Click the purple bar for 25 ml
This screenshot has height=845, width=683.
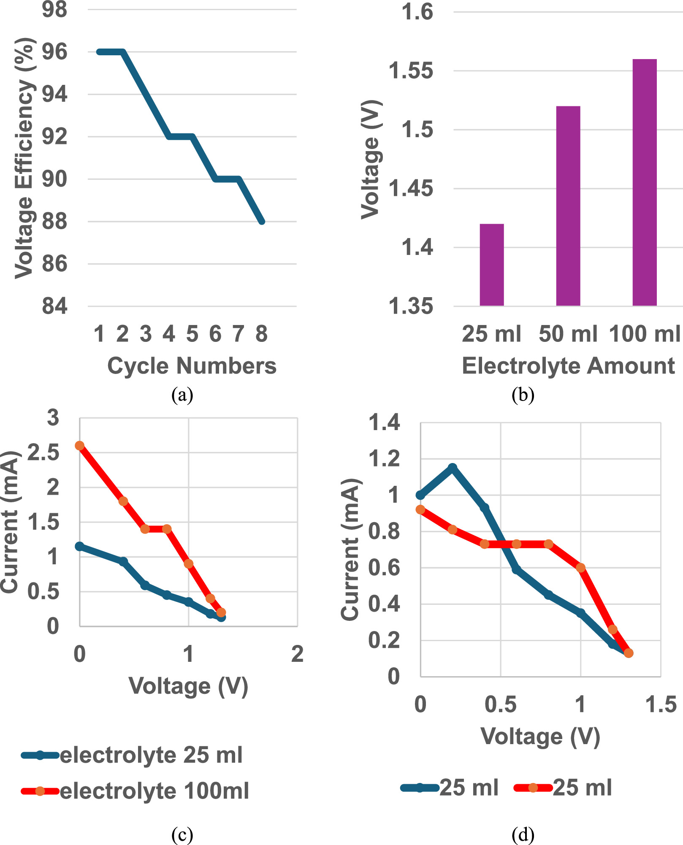[492, 265]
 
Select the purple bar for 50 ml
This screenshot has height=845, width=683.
[568, 206]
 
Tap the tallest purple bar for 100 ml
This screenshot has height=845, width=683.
[645, 182]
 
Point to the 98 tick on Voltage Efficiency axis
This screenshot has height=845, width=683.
[54, 9]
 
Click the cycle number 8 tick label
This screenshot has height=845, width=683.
[261, 334]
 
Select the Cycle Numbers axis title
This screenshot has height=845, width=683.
[192, 366]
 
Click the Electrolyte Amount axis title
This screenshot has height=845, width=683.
[568, 366]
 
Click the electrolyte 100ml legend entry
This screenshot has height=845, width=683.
[135, 791]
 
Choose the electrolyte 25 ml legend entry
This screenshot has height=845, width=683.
[132, 755]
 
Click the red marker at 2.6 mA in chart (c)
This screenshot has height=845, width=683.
[79, 446]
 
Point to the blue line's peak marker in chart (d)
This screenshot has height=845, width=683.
[453, 468]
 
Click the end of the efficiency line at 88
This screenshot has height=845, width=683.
[262, 221]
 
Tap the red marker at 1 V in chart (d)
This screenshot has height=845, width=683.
[581, 568]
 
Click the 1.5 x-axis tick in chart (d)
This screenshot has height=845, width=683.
[661, 704]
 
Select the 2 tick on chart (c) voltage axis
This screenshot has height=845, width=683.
[297, 655]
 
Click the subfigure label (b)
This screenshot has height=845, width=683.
[523, 395]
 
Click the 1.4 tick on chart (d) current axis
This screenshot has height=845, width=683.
[384, 422]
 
